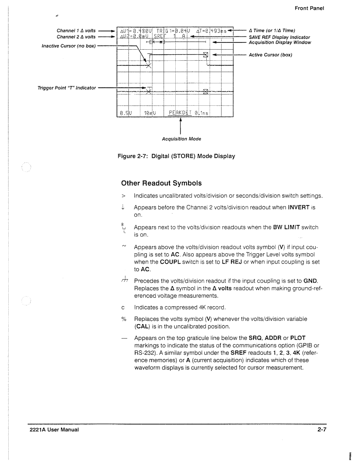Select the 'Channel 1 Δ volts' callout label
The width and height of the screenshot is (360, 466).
pos(76,31)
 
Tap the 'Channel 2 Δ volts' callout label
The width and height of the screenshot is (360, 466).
pos(76,37)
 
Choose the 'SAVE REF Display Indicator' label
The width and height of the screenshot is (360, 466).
pos(279,37)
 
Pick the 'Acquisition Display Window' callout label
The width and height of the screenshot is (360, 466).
pos(280,42)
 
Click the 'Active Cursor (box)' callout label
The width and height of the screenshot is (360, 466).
pos(270,55)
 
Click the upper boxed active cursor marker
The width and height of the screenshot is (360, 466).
pos(205,54)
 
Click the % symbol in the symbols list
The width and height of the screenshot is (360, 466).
pos(123,319)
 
